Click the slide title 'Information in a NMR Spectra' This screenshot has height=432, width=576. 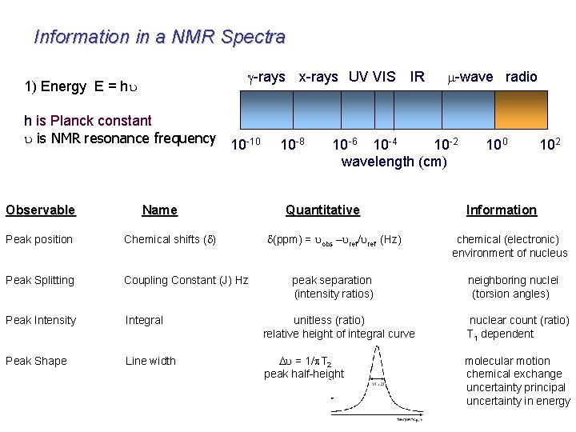click(x=159, y=37)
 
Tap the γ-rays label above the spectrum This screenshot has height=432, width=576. click(x=266, y=77)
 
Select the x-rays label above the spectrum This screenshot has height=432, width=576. click(x=318, y=77)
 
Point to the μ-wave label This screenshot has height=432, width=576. click(x=470, y=77)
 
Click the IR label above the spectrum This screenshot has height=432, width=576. click(x=417, y=77)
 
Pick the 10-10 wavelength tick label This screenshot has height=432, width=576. click(x=245, y=145)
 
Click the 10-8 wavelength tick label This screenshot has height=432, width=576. click(x=292, y=145)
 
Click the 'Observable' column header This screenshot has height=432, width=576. click(x=40, y=210)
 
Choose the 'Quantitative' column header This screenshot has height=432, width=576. click(x=322, y=210)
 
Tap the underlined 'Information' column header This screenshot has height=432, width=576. click(x=502, y=210)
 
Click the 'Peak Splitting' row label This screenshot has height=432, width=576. click(x=40, y=280)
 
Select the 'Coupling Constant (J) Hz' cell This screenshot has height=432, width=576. click(x=186, y=280)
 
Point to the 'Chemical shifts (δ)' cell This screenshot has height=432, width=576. click(x=170, y=239)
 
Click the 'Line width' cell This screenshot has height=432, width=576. click(x=150, y=361)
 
